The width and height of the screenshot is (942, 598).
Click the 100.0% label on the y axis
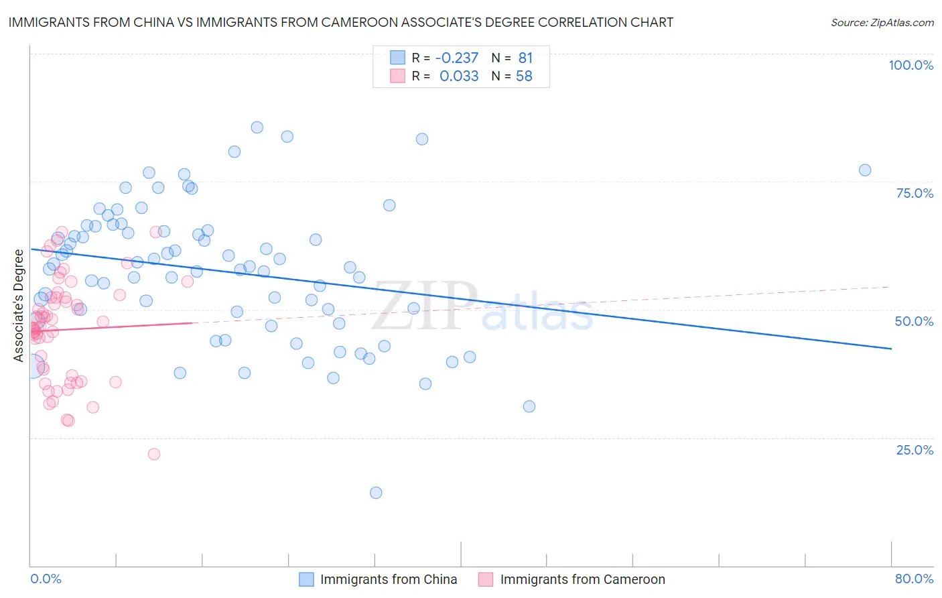(x=911, y=65)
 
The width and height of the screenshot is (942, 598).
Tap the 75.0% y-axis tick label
(x=915, y=193)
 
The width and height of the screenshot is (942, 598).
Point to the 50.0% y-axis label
(x=914, y=321)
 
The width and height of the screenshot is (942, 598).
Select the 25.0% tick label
(x=915, y=449)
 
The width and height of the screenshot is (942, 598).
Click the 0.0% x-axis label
(x=46, y=579)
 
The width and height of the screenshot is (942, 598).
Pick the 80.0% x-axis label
(x=914, y=579)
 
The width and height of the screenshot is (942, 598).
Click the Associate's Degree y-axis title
(x=19, y=305)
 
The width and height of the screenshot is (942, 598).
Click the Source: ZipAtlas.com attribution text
(x=882, y=22)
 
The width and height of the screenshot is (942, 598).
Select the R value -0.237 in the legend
(x=457, y=58)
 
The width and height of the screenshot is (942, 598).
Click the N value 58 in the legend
(x=524, y=76)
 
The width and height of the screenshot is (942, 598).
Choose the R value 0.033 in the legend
(x=459, y=76)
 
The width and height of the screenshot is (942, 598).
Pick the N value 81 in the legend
(x=525, y=58)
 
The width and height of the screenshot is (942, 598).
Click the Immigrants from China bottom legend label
(x=389, y=579)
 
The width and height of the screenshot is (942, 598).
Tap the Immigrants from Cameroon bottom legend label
(x=582, y=579)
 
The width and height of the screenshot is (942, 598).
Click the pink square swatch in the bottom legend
(x=486, y=579)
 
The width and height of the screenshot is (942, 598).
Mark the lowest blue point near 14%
(x=376, y=493)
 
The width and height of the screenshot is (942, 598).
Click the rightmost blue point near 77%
(x=865, y=170)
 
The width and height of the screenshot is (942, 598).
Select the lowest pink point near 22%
(x=154, y=454)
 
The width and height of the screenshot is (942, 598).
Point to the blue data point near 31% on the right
(x=529, y=406)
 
